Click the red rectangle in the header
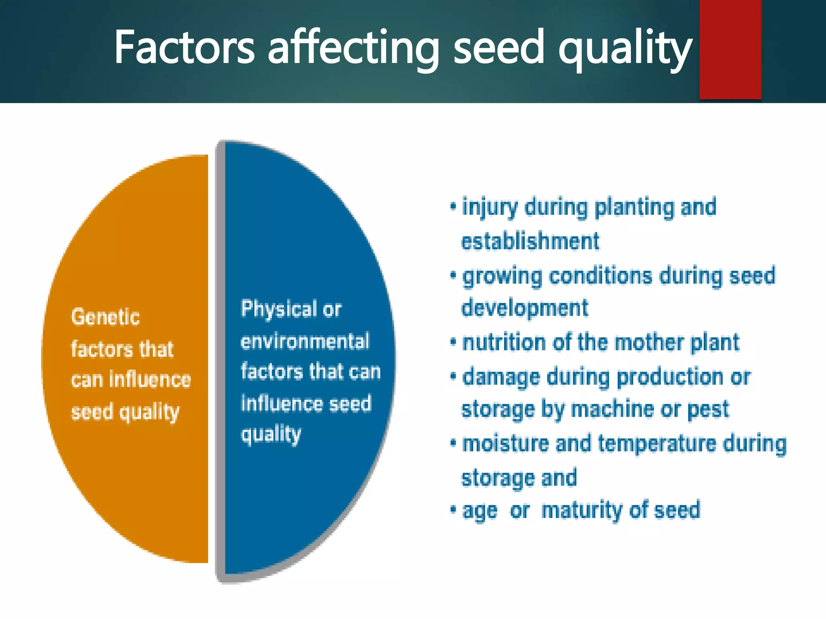pyautogui.click(x=730, y=49)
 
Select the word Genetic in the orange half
pyautogui.click(x=106, y=317)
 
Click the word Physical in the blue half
pyautogui.click(x=279, y=309)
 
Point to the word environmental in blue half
pyautogui.click(x=305, y=341)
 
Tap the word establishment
pyautogui.click(x=530, y=242)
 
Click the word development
pyautogui.click(x=525, y=308)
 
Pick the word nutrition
pyautogui.click(x=504, y=343)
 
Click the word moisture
pyautogui.click(x=505, y=444)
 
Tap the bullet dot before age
pyautogui.click(x=453, y=509)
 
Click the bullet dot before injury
pyautogui.click(x=453, y=207)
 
